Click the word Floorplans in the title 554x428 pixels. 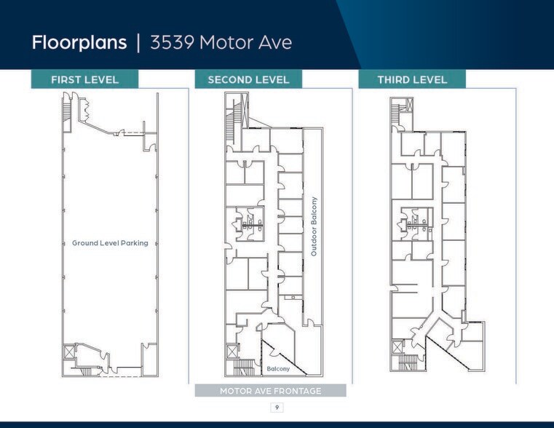[79, 42]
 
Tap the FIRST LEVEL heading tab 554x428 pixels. [84, 79]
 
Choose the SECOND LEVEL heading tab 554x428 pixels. [248, 79]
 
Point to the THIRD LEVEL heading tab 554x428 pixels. [412, 79]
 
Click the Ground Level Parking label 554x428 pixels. [110, 243]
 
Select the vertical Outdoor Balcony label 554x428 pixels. [314, 226]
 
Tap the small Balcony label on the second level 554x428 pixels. [278, 369]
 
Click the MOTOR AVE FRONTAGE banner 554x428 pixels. [270, 391]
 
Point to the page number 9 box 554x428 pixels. [276, 407]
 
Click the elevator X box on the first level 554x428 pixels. [69, 351]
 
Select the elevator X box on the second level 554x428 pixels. [232, 351]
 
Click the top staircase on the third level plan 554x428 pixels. [397, 112]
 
